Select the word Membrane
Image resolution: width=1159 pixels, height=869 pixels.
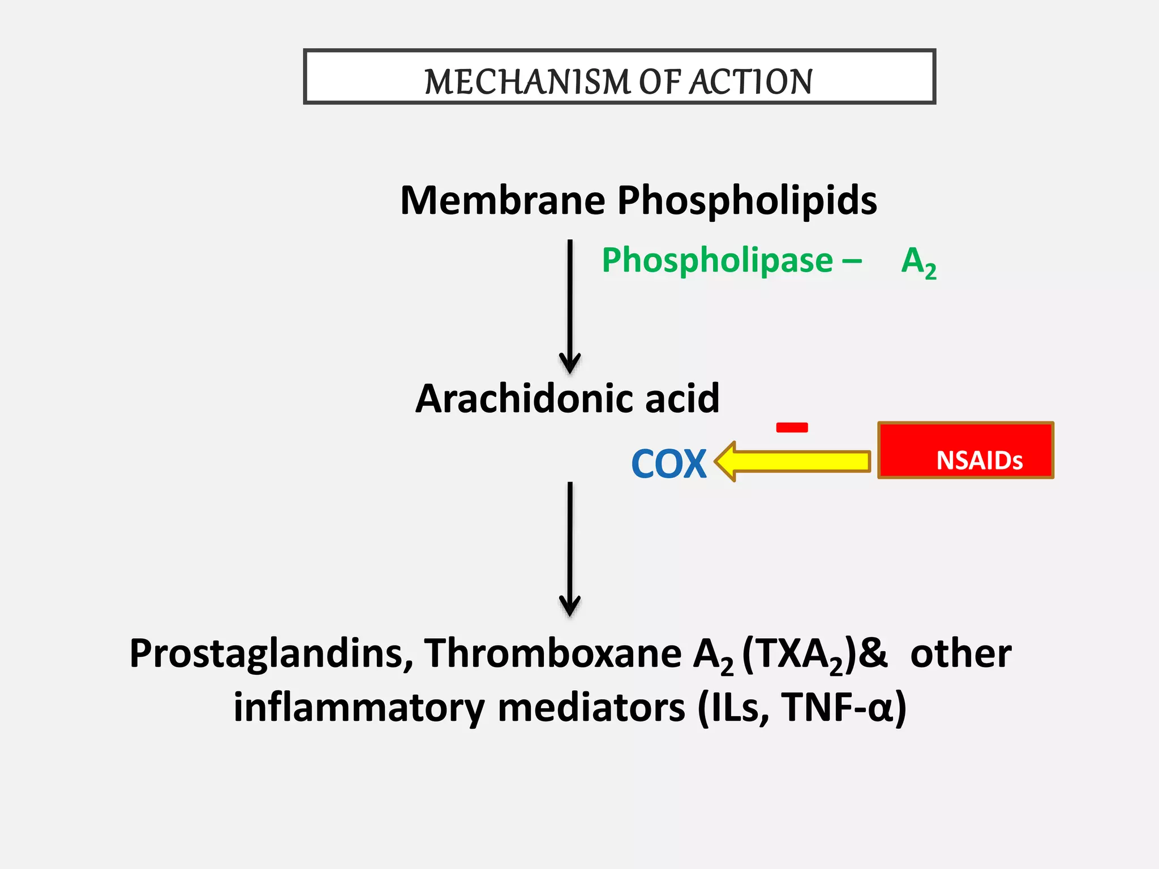(503, 201)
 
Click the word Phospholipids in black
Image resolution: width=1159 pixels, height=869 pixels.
(746, 201)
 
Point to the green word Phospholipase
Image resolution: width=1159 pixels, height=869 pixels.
(717, 261)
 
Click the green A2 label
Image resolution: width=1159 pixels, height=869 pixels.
(918, 262)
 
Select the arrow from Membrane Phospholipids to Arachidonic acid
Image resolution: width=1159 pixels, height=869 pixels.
(570, 306)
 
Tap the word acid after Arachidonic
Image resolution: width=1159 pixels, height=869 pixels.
(682, 399)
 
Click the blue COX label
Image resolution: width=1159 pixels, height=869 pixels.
(668, 464)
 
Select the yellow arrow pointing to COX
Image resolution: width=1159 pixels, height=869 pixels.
(792, 461)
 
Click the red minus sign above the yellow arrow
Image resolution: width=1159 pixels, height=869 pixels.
(792, 428)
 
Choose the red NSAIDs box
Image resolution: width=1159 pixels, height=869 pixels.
(965, 450)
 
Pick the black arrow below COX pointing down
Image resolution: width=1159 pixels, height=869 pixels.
(570, 549)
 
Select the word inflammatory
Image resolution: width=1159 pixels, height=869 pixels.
(359, 708)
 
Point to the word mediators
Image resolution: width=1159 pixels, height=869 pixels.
(591, 708)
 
